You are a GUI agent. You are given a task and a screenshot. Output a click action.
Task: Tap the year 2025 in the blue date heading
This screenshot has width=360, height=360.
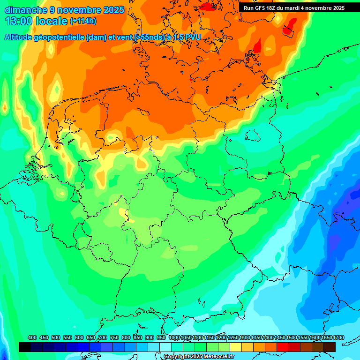tap(112, 9)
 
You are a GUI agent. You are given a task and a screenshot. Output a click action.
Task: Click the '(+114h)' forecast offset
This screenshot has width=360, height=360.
tap(83, 22)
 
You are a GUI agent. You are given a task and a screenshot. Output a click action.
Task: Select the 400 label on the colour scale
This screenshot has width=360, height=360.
tap(32, 337)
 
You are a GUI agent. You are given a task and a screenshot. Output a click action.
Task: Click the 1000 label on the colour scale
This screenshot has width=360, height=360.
tap(174, 337)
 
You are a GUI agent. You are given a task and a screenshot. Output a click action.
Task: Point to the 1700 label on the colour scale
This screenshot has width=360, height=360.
tap(338, 337)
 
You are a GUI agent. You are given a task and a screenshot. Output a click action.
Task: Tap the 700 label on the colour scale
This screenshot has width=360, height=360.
tap(103, 337)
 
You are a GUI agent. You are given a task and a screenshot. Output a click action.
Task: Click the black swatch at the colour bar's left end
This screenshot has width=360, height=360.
tap(25, 347)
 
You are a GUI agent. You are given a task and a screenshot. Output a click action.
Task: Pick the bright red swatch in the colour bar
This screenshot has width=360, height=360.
tap(283, 347)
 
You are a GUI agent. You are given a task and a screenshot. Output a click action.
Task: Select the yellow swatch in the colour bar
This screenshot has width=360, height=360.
tap(236, 347)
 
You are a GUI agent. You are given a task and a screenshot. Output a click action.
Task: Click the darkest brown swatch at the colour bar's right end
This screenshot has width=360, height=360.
tap(330, 347)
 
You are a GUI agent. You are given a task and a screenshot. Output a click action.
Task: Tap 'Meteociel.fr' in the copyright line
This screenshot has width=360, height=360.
tap(218, 357)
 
